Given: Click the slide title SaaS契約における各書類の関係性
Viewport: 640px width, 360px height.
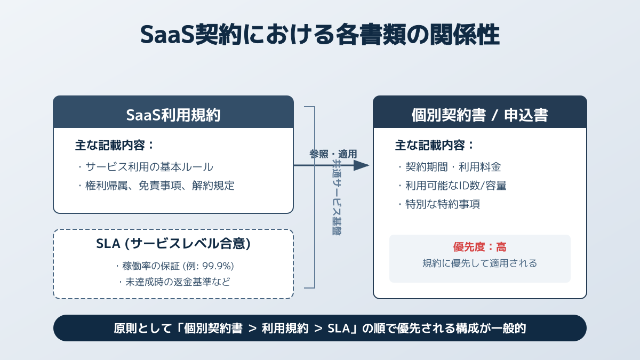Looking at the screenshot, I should [320, 35].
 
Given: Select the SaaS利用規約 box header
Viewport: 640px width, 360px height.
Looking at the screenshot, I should [173, 115].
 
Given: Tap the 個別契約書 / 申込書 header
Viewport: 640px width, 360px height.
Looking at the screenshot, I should [479, 115].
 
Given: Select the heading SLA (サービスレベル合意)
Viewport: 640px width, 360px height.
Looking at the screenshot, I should [173, 244].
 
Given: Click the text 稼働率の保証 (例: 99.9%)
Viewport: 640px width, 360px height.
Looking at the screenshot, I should [175, 266].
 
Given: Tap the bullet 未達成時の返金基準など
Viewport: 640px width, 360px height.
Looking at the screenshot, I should [174, 282].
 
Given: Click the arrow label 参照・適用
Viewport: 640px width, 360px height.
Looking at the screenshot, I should [333, 154].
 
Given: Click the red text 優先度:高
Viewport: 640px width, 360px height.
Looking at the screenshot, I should [479, 247].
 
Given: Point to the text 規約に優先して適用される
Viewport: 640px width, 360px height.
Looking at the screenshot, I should [479, 263].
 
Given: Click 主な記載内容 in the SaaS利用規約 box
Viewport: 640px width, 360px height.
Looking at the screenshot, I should [115, 145].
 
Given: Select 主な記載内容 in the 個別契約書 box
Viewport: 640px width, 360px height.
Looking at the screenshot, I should [435, 145].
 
